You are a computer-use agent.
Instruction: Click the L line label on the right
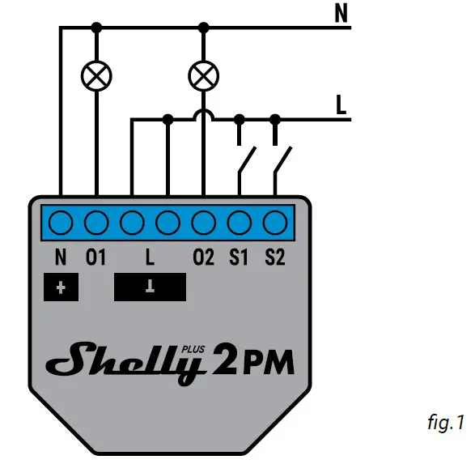pos(342,104)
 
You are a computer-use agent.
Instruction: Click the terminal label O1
pos(96,258)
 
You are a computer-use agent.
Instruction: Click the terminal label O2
pos(204,258)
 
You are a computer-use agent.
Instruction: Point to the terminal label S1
pos(239,258)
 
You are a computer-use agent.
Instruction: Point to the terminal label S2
pos(275,258)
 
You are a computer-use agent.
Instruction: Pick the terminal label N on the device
pos(61,258)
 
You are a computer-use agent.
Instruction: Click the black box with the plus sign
pos(61,287)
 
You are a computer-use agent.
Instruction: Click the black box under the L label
pos(150,287)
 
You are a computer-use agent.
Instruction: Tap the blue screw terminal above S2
pos(275,221)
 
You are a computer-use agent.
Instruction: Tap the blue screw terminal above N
pos(61,221)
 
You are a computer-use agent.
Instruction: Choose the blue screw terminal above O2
pos(204,221)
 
